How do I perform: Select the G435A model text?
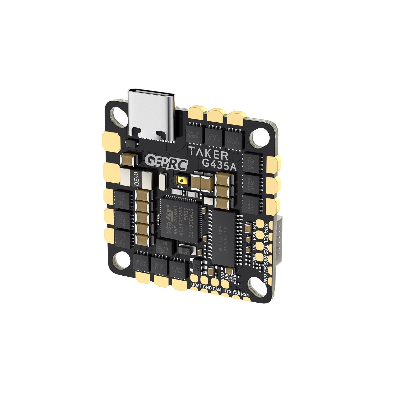(220, 166)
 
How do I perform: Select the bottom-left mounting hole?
(121, 261)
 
